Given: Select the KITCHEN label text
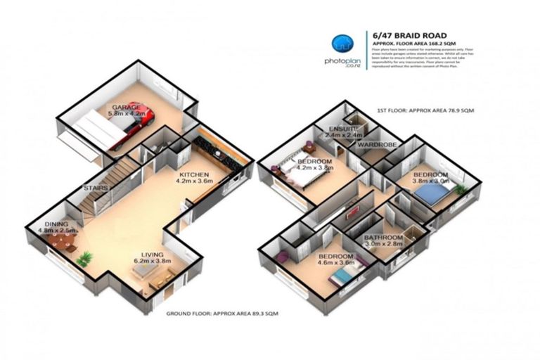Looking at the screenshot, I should point(193,174).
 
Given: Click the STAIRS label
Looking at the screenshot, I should point(95,188).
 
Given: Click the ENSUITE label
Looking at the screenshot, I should point(345,128).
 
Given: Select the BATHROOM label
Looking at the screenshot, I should point(383,238).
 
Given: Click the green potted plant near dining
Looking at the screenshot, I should point(84,259).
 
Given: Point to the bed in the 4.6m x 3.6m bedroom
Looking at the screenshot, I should point(337,278).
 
